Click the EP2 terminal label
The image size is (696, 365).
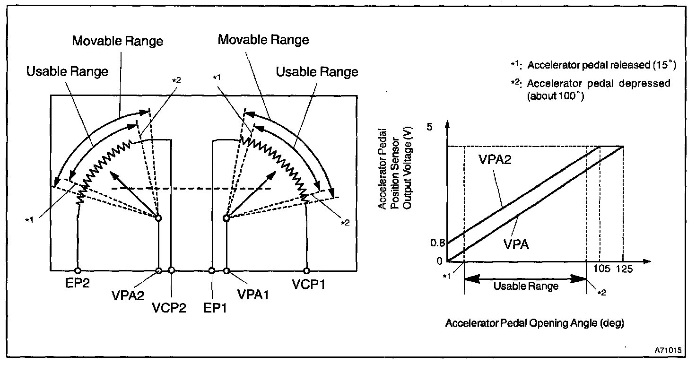pos(78,285)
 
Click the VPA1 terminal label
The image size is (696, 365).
pos(253,294)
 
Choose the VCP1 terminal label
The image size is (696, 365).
pos(308,285)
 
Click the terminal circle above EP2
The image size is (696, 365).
pos(77,270)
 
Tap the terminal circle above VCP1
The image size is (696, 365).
pos(307,270)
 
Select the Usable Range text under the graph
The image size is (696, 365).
pos(526,286)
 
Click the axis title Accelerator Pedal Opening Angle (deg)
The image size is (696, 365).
pos(535,323)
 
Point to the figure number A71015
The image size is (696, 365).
pos(669,350)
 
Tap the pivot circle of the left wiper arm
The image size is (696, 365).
pos(158,218)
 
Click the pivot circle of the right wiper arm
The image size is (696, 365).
pos(226,218)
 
